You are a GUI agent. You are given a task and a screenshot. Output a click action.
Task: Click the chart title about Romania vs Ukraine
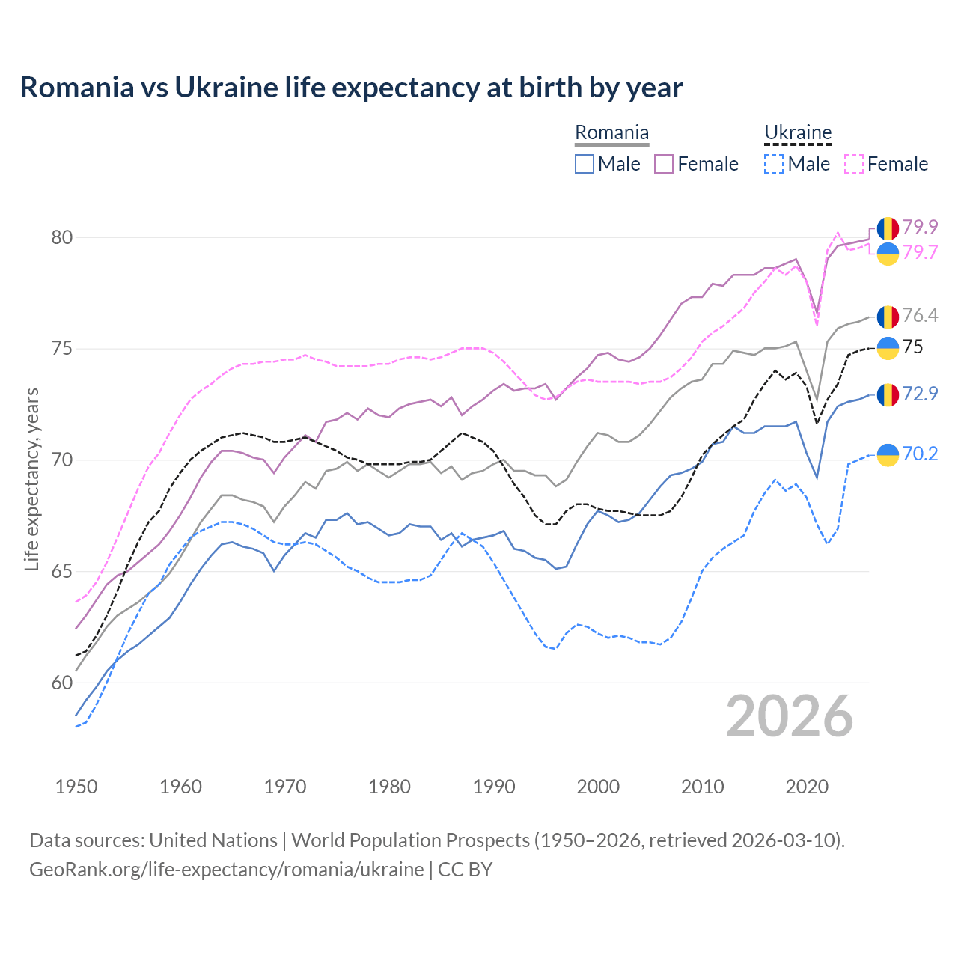(351, 88)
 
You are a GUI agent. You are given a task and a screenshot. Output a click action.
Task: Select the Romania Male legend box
(585, 164)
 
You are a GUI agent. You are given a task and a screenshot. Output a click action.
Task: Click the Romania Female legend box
(664, 164)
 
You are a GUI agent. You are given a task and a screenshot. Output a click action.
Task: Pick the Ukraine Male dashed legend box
(774, 164)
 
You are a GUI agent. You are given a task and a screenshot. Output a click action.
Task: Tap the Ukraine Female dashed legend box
(854, 164)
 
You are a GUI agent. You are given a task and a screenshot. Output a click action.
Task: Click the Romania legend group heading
(611, 133)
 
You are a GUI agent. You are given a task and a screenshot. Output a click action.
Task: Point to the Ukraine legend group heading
(798, 133)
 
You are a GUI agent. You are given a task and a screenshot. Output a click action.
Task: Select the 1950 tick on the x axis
(76, 787)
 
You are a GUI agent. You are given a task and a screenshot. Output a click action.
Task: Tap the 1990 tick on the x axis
(494, 787)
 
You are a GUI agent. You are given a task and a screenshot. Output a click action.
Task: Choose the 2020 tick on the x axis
(807, 787)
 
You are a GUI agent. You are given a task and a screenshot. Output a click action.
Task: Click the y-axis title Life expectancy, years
(32, 479)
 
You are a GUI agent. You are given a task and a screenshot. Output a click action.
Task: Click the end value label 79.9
(920, 227)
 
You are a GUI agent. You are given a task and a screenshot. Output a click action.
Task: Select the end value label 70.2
(920, 454)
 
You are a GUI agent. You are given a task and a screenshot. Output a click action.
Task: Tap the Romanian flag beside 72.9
(888, 394)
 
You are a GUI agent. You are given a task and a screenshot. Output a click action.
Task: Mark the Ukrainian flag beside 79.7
(888, 254)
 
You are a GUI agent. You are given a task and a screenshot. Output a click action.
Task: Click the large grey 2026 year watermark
(790, 716)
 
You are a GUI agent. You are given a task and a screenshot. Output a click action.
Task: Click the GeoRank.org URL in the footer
(227, 870)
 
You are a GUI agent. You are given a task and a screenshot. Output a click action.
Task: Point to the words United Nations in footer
(213, 840)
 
